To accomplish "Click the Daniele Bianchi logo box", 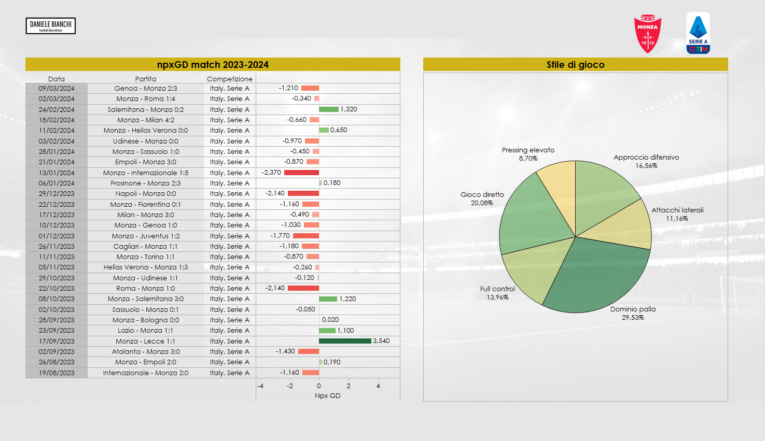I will click(x=51, y=26).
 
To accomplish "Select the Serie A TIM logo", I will click(x=698, y=33).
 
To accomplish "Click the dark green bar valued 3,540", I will click(x=345, y=341).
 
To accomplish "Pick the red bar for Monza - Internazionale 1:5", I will click(x=301, y=173).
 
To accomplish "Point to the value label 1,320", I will click(x=349, y=109).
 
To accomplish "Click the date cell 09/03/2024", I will click(x=57, y=89).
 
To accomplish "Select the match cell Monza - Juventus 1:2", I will click(x=146, y=236).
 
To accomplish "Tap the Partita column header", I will click(x=146, y=79).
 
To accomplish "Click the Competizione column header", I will click(x=230, y=79).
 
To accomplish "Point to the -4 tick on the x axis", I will click(x=260, y=386).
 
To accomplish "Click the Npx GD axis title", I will click(x=328, y=396).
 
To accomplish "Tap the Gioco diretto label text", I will click(x=482, y=195).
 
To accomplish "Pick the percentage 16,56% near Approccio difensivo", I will click(x=646, y=166).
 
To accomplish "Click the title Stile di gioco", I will click(x=575, y=65).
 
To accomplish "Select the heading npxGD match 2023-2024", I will click(x=213, y=65).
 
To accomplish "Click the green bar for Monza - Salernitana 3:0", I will click(x=328, y=299).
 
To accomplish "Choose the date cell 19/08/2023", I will click(x=57, y=373).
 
